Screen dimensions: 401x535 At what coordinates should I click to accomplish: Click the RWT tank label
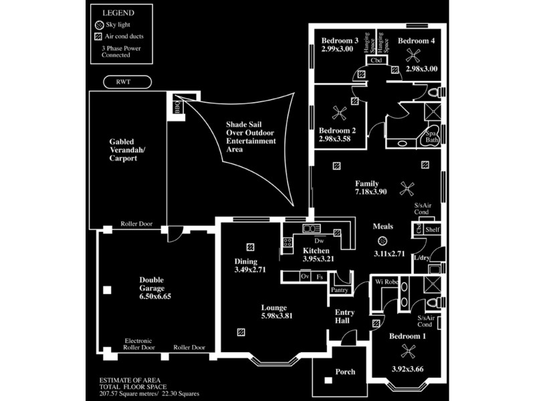point(128,82)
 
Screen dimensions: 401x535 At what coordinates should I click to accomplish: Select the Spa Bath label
point(432,137)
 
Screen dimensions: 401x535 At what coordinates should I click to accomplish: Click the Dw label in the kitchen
point(309,241)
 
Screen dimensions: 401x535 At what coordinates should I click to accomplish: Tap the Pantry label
point(340,290)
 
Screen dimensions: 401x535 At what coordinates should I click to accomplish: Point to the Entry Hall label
point(344,317)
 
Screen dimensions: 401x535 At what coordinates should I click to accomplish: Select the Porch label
point(345,372)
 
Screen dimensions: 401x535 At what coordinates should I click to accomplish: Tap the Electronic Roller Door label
point(139,344)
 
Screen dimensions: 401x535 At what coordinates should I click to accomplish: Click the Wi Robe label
point(387,282)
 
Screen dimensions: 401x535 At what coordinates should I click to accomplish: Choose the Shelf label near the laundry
point(433,229)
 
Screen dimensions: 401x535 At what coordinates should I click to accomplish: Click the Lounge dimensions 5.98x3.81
point(276,316)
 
